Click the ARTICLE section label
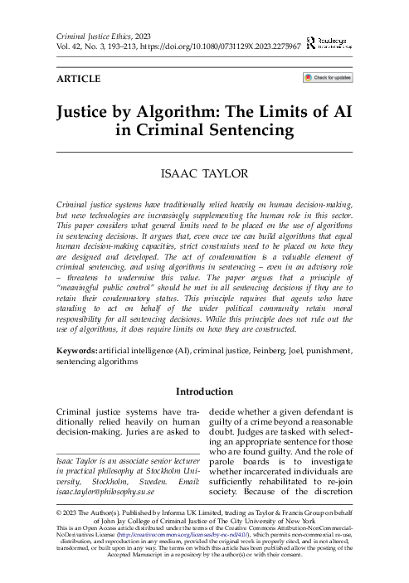(x=77, y=80)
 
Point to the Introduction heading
(x=204, y=391)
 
